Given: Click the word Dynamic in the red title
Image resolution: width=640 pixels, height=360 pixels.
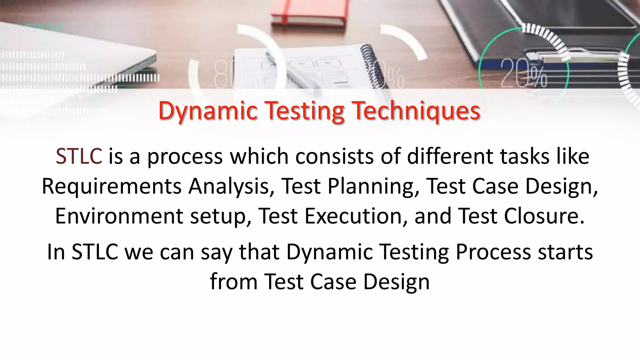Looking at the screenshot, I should coord(208,111).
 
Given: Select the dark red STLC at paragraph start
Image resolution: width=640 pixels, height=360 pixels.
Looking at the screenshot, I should coord(79,156).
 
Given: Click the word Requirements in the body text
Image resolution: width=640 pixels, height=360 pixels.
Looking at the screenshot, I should coord(112,186).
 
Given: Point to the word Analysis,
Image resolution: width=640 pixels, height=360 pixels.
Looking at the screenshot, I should coord(231,186).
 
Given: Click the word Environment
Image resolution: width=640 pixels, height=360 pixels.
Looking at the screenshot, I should coord(119,216).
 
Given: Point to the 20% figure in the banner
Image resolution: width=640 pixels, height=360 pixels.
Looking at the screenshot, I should coord(524,73).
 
